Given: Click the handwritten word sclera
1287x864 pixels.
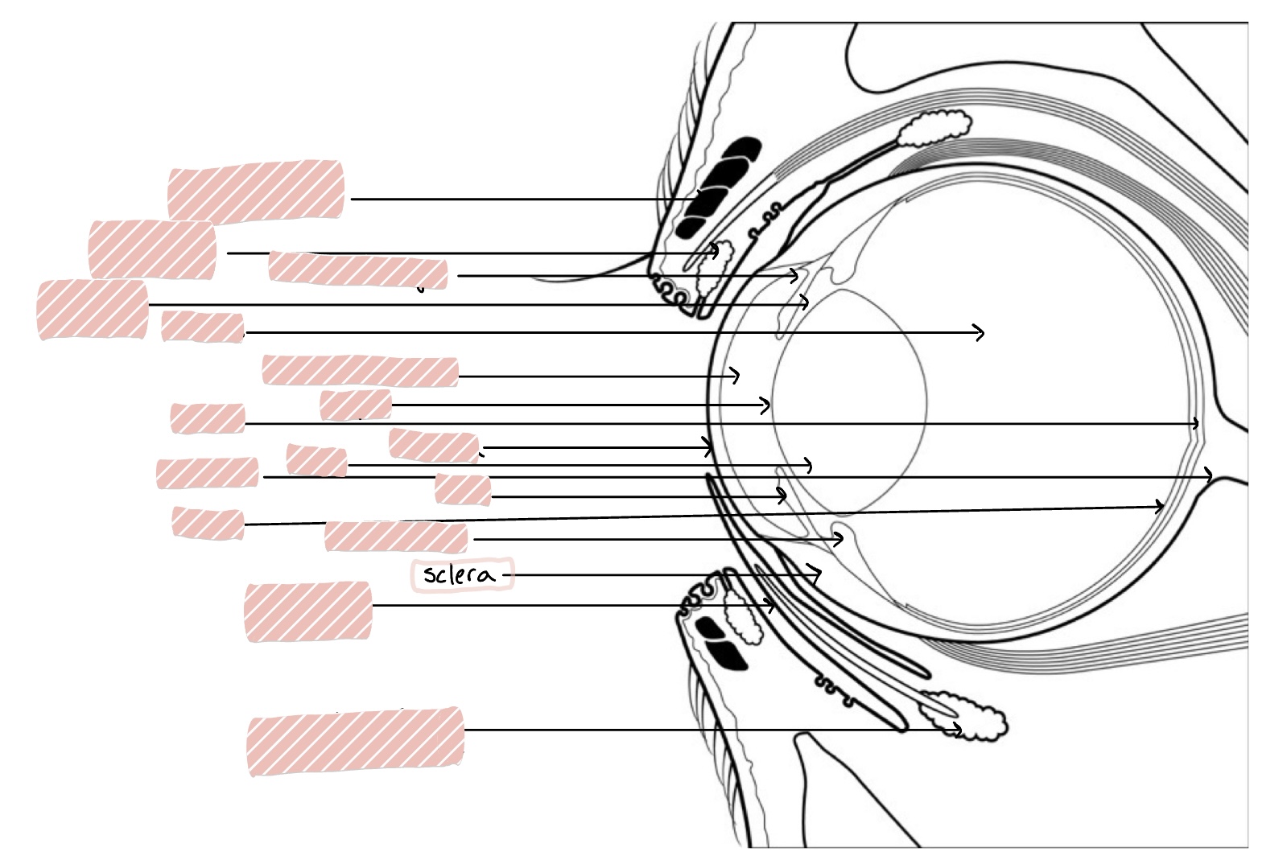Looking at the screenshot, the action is click(x=459, y=574).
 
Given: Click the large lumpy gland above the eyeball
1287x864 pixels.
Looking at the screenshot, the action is click(x=934, y=128).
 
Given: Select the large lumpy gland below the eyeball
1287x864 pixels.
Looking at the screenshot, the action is click(x=966, y=715).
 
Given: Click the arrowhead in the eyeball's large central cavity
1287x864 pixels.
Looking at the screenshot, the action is click(x=981, y=332).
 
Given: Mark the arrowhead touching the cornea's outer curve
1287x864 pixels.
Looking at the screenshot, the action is click(x=710, y=447).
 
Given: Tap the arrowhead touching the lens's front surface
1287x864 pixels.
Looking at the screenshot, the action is click(x=768, y=405).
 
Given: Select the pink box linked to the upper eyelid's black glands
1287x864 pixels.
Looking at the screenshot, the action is click(x=256, y=191).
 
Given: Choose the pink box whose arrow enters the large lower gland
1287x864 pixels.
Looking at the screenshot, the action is click(x=355, y=741).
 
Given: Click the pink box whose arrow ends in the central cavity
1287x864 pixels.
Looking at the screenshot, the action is click(x=202, y=327).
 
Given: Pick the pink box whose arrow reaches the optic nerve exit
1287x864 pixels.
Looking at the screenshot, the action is click(x=208, y=473).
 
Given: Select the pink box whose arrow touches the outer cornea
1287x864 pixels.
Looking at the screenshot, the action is click(x=434, y=446).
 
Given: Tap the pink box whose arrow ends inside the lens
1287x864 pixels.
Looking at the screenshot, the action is click(x=317, y=460).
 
